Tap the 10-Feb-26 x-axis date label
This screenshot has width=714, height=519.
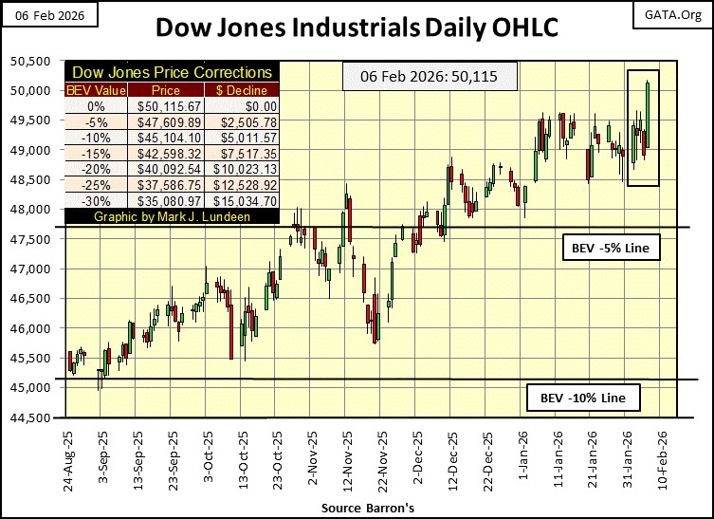point(660,460)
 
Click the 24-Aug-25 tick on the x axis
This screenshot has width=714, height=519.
point(67,461)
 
